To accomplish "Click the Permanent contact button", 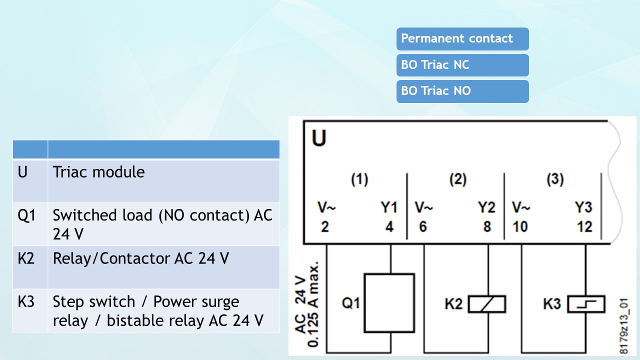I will click(462, 39).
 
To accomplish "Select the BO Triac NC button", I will click(462, 65).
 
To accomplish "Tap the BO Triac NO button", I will click(462, 91).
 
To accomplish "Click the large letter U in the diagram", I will click(319, 138).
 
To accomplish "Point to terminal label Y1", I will click(388, 207).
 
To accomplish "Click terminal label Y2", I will click(486, 207).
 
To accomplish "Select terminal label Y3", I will click(583, 207).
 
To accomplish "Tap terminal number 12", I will click(584, 226).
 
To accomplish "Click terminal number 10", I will click(520, 226).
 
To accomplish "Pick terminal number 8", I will click(487, 226).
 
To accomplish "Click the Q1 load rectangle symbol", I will click(389, 302).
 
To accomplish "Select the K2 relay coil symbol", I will click(486, 304).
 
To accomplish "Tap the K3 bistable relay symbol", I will click(586, 304).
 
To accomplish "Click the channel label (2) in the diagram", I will click(458, 180).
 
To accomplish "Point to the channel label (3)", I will click(555, 180).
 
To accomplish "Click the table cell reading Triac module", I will click(99, 172).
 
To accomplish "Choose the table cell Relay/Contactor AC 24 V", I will click(141, 258).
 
